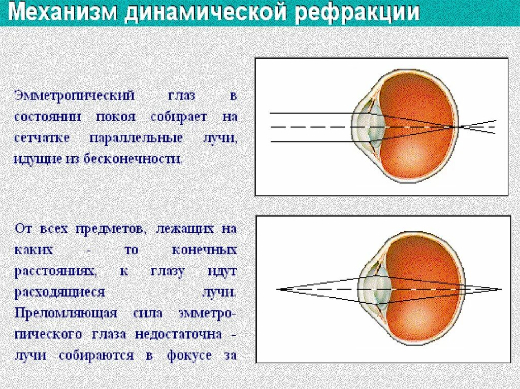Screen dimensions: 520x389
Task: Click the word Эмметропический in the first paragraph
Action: [74, 95]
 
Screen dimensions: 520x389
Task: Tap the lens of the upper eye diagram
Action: [374, 126]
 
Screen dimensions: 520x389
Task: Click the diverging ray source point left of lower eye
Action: [280, 289]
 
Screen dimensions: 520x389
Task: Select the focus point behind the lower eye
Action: [500, 289]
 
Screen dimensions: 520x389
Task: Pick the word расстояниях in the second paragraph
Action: [55, 271]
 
